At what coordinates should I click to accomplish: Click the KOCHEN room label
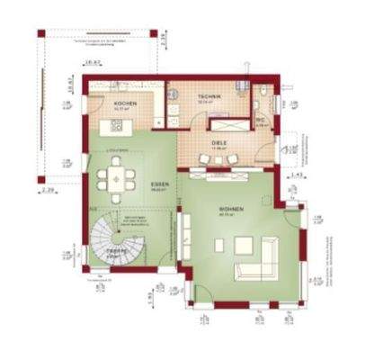125,104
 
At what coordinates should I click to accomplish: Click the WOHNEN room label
229,209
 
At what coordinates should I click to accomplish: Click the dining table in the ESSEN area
117,176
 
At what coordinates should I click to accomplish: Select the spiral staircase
111,238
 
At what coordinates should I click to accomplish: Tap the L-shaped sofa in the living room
260,261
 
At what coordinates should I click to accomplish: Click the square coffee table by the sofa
245,243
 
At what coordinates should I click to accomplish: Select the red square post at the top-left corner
41,33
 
